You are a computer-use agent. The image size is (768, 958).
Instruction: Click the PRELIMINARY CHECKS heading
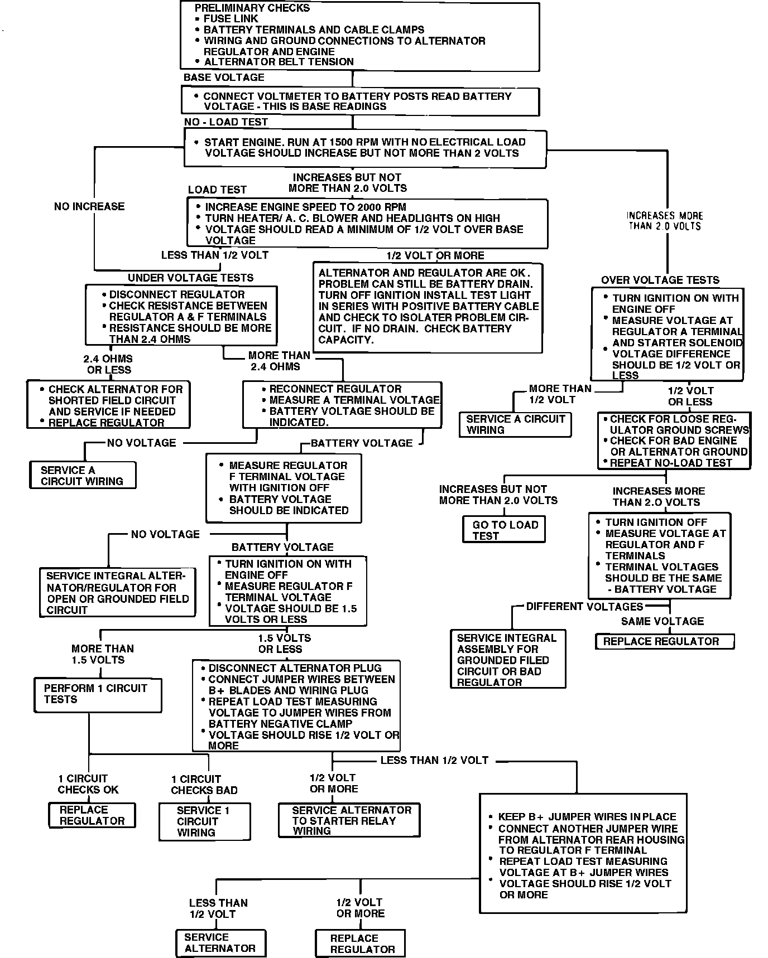[252, 8]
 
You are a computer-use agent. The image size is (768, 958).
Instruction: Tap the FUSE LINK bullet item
[231, 19]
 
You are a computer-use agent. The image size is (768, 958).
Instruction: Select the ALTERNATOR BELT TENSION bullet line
[279, 62]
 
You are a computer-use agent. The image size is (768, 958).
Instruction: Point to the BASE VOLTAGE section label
[224, 78]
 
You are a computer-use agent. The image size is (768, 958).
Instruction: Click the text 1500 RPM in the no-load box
[352, 142]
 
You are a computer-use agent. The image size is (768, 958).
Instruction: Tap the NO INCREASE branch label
[89, 206]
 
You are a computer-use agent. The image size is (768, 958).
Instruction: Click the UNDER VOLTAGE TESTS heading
[190, 278]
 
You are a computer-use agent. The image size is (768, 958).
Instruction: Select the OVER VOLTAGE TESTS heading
[660, 280]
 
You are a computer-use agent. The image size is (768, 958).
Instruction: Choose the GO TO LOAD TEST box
[504, 530]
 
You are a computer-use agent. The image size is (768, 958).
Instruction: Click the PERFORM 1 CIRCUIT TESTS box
[98, 694]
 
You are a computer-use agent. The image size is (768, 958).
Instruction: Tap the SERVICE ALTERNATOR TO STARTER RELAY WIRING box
[349, 820]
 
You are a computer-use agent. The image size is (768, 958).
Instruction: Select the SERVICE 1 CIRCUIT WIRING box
[204, 821]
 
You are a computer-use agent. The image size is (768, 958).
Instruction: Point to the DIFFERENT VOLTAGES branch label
[584, 607]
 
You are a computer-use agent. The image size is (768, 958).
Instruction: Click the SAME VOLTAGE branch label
[662, 621]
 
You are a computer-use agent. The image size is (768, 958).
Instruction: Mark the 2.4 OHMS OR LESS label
[109, 364]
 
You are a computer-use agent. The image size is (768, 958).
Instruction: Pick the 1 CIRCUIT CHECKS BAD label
[204, 785]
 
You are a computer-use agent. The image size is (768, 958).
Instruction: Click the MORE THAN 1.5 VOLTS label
[102, 654]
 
